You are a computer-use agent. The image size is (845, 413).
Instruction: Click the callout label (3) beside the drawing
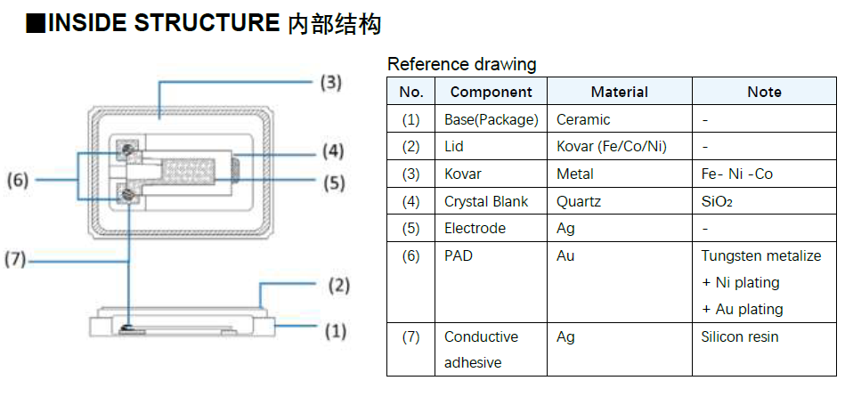331,83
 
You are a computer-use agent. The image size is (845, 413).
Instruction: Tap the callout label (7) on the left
15,261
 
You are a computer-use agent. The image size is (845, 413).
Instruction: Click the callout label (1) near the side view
335,331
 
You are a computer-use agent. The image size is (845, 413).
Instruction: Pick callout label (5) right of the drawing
332,184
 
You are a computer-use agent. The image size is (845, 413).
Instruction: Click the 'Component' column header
491,92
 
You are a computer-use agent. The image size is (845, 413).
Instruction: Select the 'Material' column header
619,92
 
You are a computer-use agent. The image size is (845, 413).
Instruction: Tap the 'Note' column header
764,92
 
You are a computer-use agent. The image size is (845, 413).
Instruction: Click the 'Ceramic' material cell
583,119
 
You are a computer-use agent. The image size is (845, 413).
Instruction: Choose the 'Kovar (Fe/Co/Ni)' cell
612,146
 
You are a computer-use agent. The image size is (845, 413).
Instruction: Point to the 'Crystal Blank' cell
486,201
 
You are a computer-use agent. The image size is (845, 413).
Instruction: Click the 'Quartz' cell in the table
579,201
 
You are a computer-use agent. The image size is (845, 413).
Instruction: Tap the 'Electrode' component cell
475,228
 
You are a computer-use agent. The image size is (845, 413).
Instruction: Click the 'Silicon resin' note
740,336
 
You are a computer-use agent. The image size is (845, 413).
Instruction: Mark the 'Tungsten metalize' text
761,255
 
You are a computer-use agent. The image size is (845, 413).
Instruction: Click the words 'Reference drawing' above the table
462,64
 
